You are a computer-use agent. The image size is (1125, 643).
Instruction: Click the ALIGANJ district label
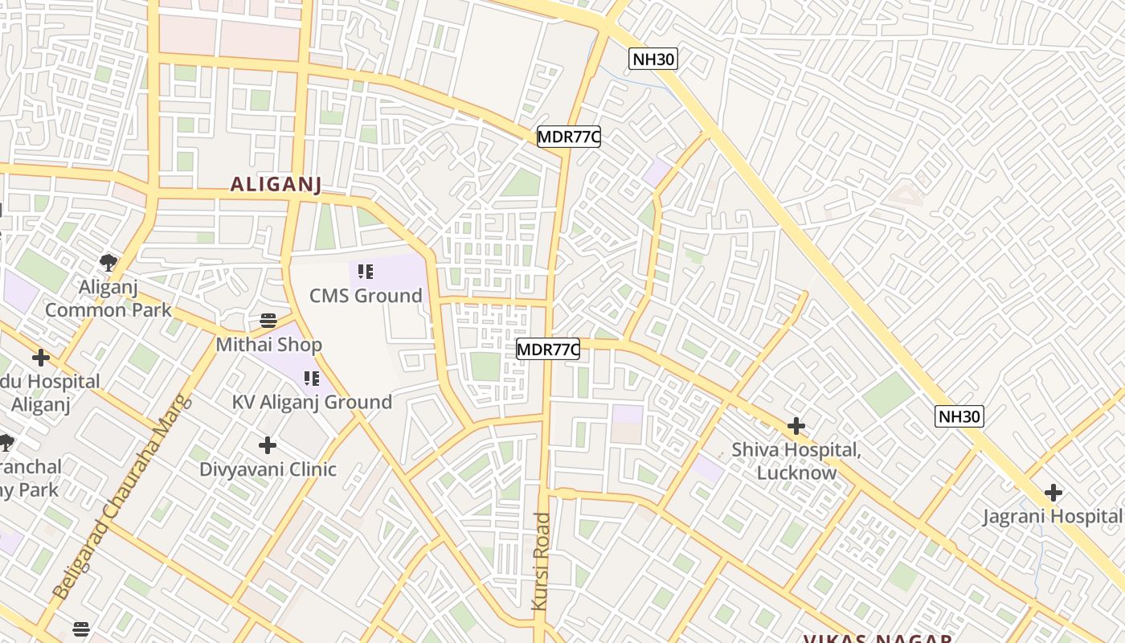point(276,185)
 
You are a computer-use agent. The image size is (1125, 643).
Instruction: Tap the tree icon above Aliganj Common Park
point(108,262)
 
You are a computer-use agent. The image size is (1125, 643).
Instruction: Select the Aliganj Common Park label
point(108,298)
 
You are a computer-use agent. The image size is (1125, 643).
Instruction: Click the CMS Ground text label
point(366,296)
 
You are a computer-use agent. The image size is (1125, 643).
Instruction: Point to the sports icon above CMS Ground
point(366,272)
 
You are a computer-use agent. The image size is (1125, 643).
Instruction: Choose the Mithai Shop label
point(268,345)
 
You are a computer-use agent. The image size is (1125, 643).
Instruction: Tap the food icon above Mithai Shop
point(268,321)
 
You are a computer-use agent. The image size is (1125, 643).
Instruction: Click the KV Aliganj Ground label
point(312,402)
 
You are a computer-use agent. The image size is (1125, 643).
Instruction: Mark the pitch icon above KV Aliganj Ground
point(311,378)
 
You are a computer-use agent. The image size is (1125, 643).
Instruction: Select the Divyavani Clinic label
point(268,469)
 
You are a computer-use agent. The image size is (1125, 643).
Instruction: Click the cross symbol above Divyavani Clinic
point(268,444)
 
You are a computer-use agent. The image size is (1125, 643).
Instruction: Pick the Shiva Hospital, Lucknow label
point(796,461)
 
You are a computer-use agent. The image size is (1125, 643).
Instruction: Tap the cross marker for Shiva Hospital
point(796,425)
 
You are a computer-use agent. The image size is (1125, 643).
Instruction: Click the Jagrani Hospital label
point(1053,516)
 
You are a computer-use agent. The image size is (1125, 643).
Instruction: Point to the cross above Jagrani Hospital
point(1053,492)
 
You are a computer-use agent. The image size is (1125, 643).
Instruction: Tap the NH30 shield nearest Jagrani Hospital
point(959,416)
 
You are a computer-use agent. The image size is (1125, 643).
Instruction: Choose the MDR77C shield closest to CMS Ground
point(547,350)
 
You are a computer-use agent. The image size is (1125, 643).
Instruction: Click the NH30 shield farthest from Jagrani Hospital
point(652,59)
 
